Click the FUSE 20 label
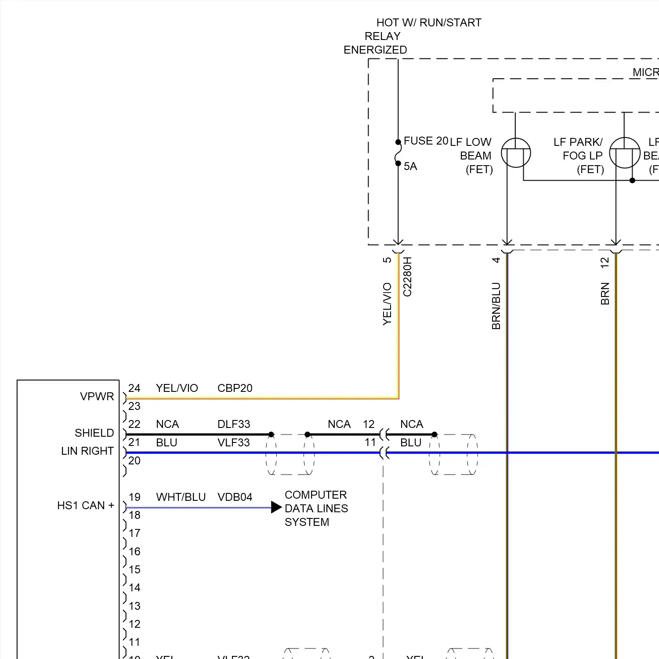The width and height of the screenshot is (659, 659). tap(425, 141)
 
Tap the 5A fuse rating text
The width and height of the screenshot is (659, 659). tap(410, 167)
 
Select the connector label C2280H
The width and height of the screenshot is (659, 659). tap(407, 277)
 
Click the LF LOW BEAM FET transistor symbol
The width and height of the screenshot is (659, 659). tap(516, 153)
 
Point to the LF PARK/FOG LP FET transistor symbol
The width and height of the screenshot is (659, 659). tap(624, 153)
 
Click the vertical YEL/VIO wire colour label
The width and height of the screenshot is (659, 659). tap(387, 304)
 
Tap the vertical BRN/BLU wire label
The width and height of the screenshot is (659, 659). tap(496, 306)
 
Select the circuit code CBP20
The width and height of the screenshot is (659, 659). tap(235, 388)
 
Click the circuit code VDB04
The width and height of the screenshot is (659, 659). tap(235, 497)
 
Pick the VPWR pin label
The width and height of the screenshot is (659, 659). tap(97, 397)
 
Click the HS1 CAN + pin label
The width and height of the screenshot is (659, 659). tap(85, 506)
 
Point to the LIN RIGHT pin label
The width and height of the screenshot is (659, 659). tap(87, 451)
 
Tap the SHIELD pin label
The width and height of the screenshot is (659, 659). tap(94, 433)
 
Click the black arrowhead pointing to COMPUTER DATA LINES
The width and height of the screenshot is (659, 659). tap(276, 507)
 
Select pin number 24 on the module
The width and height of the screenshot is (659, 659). tap(134, 388)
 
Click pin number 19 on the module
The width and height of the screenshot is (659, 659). tap(134, 497)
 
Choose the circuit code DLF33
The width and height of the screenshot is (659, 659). tap(234, 424)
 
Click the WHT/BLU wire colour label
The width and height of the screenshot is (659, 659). tap(181, 497)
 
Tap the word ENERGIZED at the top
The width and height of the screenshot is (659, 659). tap(375, 50)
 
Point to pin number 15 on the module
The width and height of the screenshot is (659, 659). tap(134, 570)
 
